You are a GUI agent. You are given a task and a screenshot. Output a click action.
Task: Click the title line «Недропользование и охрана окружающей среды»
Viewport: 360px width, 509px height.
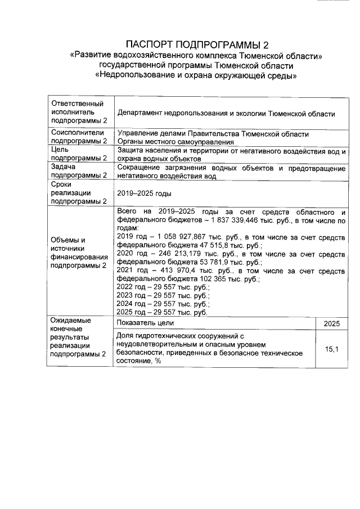click(196, 76)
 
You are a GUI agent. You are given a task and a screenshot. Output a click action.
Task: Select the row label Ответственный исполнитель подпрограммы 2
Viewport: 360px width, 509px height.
click(78, 112)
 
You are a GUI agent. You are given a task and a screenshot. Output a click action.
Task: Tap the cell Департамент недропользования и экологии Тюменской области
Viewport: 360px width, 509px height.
click(226, 114)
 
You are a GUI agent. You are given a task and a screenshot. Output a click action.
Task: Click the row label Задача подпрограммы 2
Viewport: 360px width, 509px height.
click(79, 171)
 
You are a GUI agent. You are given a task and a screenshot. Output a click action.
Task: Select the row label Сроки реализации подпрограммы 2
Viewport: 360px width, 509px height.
click(79, 192)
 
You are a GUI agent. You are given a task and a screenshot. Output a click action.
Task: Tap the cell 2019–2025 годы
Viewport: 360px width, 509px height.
click(144, 193)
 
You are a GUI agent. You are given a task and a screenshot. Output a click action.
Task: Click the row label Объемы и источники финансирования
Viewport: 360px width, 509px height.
click(79, 253)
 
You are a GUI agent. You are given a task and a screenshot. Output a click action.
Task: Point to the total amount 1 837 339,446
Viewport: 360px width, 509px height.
click(229, 220)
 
